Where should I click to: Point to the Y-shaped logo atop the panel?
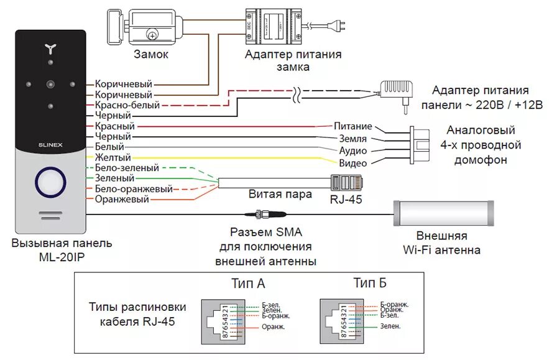[51, 48]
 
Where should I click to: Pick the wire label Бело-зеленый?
[127, 168]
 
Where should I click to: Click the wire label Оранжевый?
[122, 200]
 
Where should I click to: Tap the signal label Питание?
[352, 127]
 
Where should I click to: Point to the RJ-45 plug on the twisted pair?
[348, 183]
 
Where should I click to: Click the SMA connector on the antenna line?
[261, 215]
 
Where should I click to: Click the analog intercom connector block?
[419, 144]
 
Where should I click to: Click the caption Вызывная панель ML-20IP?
[52, 248]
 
